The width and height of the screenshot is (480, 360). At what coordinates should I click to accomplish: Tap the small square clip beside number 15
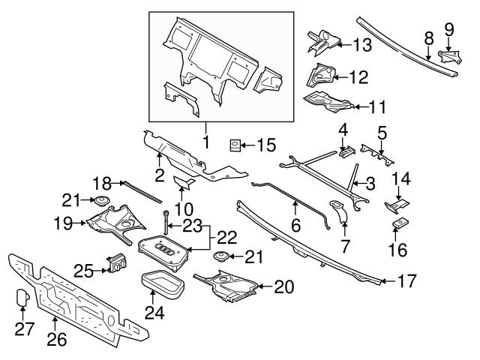(x=235, y=144)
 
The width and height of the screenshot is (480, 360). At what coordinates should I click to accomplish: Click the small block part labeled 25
(x=116, y=265)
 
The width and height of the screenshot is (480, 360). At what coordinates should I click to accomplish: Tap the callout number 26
(x=57, y=339)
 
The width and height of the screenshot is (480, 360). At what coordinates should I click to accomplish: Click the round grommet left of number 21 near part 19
(x=97, y=200)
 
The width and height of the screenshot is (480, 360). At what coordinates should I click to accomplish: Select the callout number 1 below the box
(x=205, y=141)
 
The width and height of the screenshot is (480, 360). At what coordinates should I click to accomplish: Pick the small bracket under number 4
(x=346, y=152)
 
